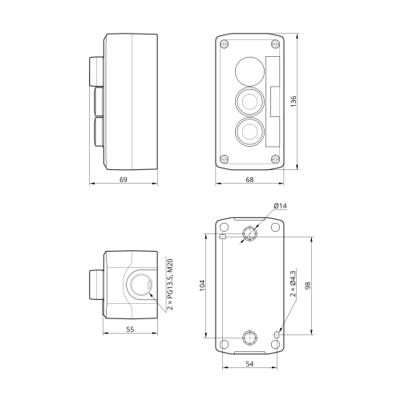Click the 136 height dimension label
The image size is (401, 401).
(x=294, y=101)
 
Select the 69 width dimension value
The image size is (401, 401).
(x=124, y=180)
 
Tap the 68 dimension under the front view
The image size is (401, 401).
(x=249, y=180)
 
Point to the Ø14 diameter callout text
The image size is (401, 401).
(x=280, y=205)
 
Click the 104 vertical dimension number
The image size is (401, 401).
(x=202, y=286)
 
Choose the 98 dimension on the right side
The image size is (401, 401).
(x=308, y=286)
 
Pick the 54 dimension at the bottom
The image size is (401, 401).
(x=249, y=363)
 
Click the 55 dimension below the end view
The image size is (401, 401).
(x=130, y=330)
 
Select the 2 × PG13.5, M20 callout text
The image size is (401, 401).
(x=170, y=284)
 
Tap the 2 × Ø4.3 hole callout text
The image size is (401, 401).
(x=294, y=284)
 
